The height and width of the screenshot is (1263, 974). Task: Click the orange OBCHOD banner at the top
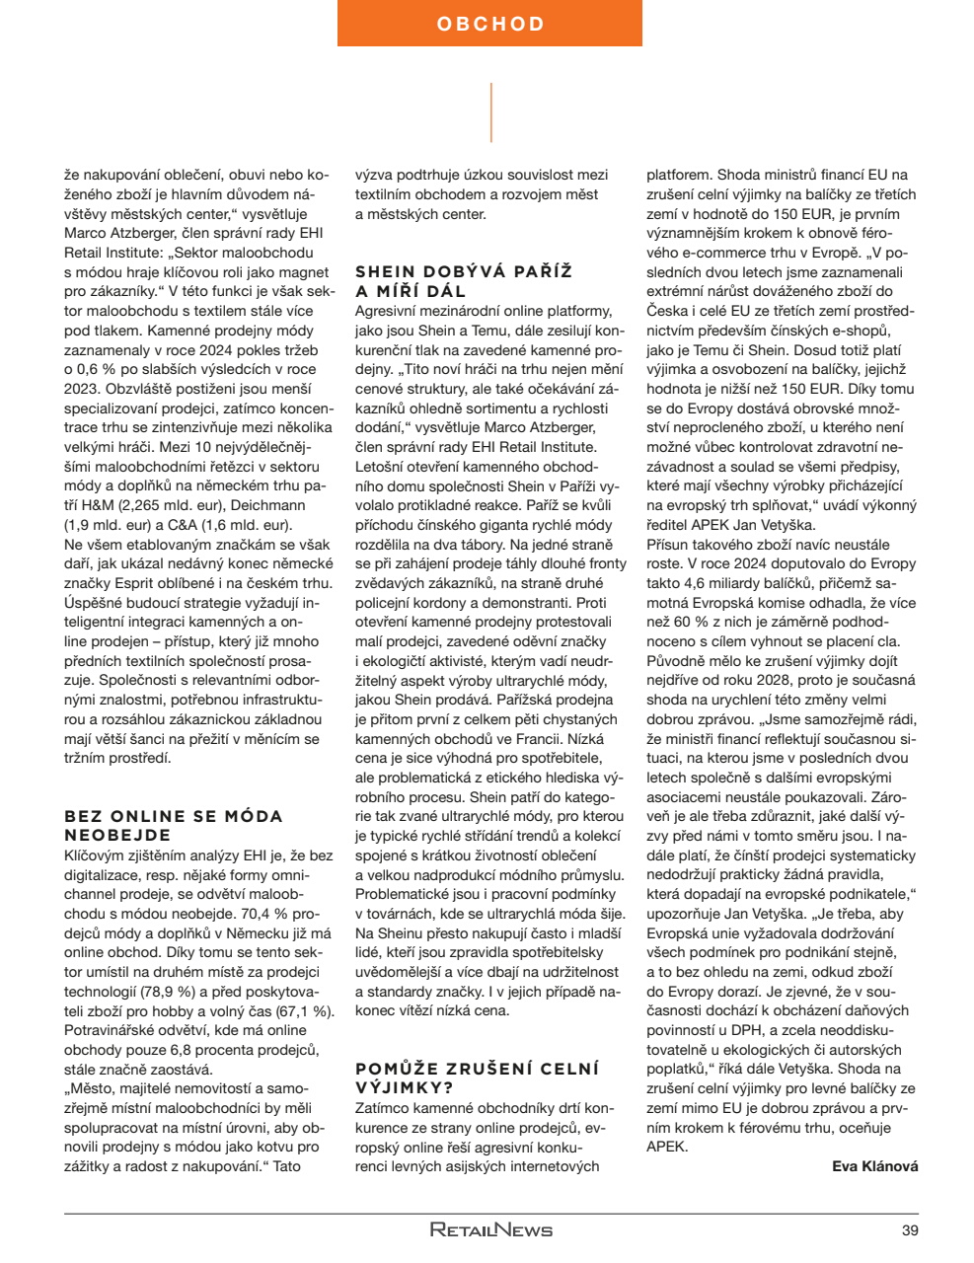489,24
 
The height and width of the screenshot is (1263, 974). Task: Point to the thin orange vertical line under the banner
490,112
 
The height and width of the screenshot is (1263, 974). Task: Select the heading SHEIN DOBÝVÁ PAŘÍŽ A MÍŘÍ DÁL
464,281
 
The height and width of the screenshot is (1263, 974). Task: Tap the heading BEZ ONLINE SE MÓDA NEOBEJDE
174,826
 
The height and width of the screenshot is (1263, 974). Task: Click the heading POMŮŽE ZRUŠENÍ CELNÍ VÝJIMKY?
477,1078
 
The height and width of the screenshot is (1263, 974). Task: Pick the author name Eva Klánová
874,1166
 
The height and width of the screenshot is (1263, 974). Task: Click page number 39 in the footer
909,1230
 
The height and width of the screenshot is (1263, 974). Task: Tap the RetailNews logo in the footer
490,1230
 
